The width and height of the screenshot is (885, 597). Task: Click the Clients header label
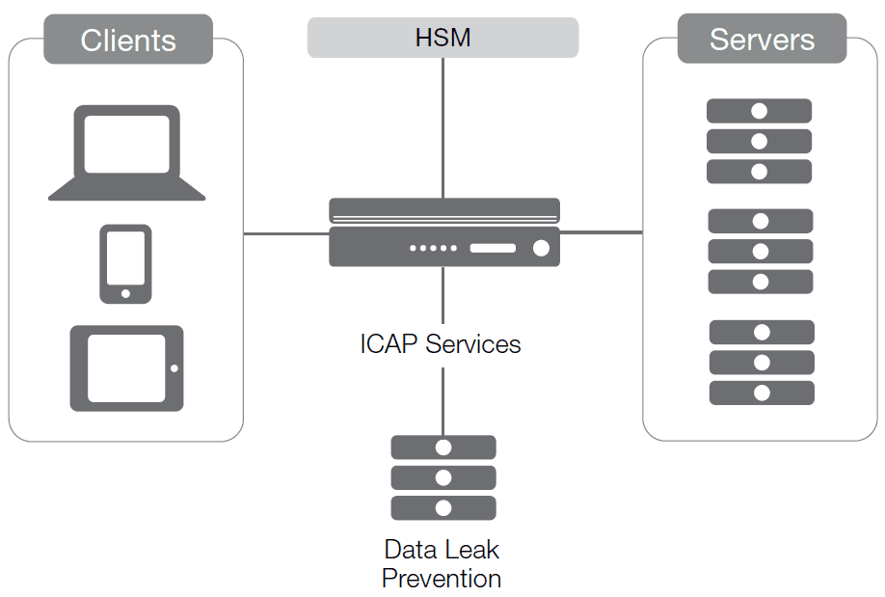click(128, 40)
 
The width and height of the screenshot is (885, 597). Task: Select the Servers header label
click(762, 40)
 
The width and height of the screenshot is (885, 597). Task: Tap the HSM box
click(442, 39)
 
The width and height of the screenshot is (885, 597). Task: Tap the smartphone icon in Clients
click(125, 263)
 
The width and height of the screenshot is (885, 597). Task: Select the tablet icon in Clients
click(126, 368)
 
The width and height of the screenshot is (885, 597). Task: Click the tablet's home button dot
click(174, 368)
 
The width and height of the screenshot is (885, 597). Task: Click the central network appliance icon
click(444, 232)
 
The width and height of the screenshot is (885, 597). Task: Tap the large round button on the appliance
click(541, 248)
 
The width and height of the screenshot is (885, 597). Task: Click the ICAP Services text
click(441, 344)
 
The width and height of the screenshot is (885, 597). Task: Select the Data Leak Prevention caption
click(442, 564)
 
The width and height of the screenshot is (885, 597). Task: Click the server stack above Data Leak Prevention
click(443, 477)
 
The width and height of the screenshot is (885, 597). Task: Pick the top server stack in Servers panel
click(760, 141)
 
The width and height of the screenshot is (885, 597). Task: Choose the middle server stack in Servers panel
click(761, 251)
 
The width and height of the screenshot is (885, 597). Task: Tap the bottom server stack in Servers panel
click(762, 363)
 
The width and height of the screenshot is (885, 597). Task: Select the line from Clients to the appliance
click(285, 233)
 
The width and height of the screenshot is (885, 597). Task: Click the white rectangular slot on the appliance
click(493, 248)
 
